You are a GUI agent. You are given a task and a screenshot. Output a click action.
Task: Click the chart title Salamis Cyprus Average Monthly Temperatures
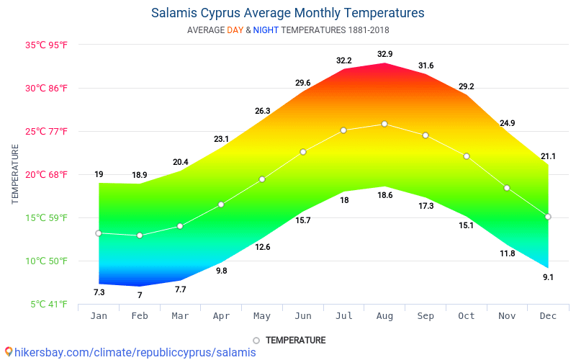287,13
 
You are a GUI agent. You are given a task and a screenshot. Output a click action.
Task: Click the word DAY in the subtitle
235,30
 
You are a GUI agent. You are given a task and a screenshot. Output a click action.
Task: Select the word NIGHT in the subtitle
265,30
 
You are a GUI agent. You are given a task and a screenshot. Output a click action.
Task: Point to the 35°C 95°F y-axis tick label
47,45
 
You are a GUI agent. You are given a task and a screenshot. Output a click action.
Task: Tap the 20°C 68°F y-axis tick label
47,174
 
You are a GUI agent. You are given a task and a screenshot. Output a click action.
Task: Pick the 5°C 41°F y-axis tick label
49,304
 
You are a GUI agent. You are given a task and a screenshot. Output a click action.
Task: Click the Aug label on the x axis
384,316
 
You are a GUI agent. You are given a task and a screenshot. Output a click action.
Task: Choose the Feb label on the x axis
139,316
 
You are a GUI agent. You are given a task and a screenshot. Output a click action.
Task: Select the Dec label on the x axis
548,316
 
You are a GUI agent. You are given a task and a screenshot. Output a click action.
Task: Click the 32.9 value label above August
385,54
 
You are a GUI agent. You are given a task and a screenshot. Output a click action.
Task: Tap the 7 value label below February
140,295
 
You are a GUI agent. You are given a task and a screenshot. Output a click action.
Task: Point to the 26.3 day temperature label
262,111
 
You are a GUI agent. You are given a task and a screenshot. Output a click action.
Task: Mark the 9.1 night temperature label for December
549,277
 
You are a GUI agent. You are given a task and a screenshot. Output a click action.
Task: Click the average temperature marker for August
384,124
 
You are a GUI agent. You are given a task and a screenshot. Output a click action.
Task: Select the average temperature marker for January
99,233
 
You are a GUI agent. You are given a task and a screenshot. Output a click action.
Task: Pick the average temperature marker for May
262,179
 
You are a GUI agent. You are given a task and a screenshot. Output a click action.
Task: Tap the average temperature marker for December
548,217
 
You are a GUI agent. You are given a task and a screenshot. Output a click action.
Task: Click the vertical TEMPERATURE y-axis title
15,174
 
